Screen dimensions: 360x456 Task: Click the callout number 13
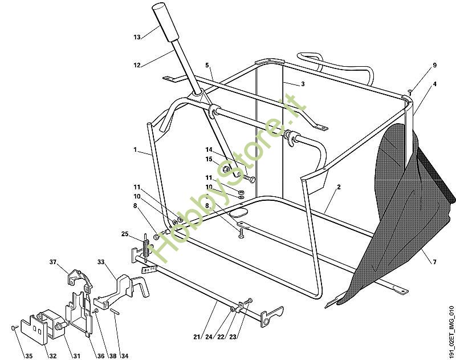tap(137, 37)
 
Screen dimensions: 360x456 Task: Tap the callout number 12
tap(137, 65)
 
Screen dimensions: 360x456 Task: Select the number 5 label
tap(207, 65)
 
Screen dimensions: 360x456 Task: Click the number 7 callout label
tap(434, 262)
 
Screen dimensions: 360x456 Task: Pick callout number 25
tap(125, 233)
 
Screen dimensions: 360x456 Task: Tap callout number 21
tap(197, 337)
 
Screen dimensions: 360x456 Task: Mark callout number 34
tap(124, 357)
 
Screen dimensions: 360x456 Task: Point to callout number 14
tap(209, 149)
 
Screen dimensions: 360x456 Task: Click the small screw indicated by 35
tap(13, 328)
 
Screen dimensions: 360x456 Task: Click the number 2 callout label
tap(339, 187)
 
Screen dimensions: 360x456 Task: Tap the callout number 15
tap(209, 159)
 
